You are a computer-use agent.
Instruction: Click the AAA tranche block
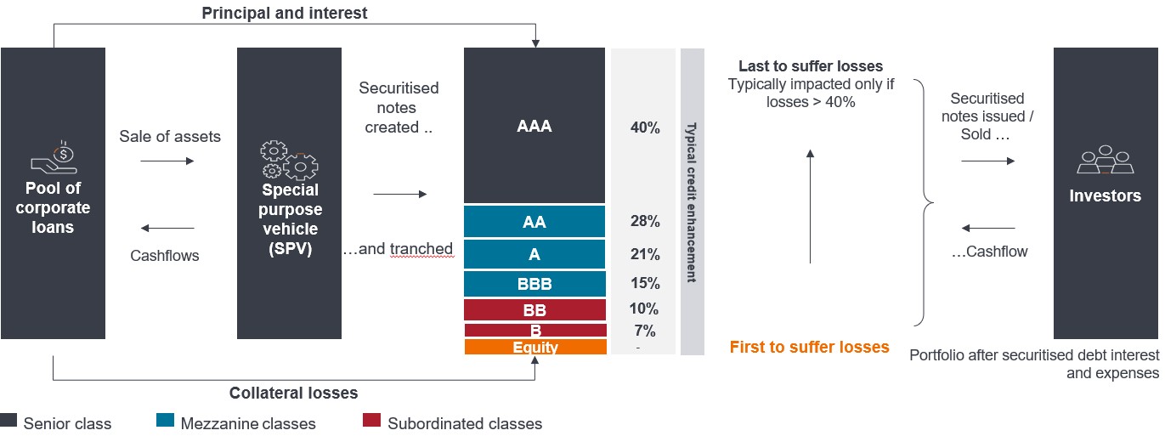tap(534, 126)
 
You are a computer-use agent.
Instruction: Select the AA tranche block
tap(534, 222)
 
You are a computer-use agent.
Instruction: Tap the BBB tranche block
tap(534, 284)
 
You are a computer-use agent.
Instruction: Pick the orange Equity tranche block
tap(535, 347)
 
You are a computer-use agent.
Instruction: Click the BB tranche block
tap(534, 309)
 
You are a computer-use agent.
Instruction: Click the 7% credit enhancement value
tap(644, 331)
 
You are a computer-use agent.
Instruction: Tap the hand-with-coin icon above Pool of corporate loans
tap(53, 157)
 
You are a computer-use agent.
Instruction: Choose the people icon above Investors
tap(1105, 159)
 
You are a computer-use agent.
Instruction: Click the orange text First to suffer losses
tap(809, 347)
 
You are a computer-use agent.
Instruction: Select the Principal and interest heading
tap(284, 14)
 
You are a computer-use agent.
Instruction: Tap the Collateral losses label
tap(293, 393)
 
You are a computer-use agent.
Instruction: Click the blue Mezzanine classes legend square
tap(166, 421)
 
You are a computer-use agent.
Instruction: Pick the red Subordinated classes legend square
tap(370, 421)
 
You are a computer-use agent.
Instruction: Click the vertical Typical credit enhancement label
tap(692, 201)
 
